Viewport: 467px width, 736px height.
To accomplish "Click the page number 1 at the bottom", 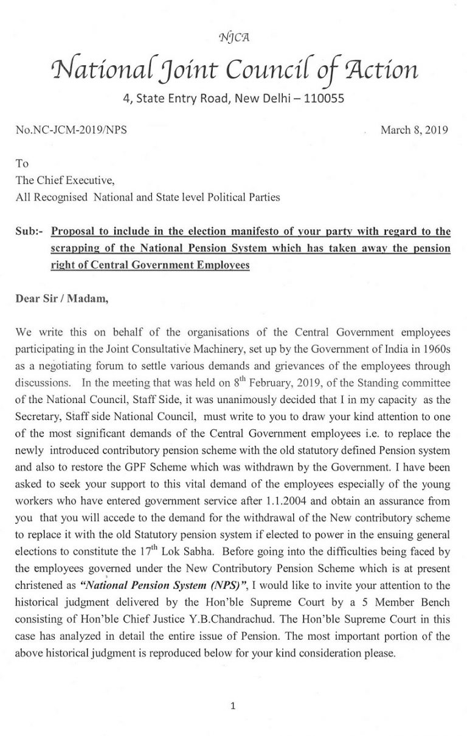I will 233,706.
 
